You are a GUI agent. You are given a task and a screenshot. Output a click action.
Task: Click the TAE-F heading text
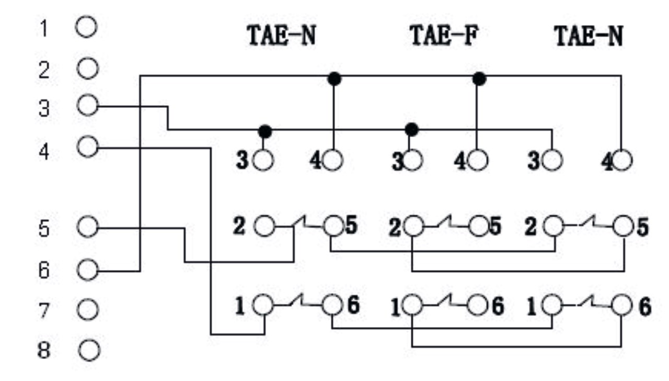click(444, 37)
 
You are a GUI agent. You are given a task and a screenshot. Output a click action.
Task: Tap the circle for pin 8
click(89, 350)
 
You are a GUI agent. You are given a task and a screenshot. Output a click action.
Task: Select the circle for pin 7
click(88, 310)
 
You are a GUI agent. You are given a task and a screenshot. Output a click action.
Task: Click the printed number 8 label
click(44, 350)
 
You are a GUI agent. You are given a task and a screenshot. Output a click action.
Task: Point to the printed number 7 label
click(44, 311)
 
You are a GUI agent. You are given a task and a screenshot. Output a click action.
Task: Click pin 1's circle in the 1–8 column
click(87, 27)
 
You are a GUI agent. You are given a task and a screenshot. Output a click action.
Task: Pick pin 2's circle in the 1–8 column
click(88, 68)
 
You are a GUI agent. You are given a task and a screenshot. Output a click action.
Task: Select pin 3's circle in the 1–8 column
click(87, 106)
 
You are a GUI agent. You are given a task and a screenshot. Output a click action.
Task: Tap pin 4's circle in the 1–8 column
click(87, 147)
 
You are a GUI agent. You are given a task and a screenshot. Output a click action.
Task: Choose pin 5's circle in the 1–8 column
click(88, 228)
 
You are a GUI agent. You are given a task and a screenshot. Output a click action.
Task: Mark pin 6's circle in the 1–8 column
click(88, 270)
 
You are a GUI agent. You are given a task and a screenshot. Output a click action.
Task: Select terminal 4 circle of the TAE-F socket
click(477, 160)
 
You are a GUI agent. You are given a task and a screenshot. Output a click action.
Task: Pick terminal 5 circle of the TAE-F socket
click(478, 227)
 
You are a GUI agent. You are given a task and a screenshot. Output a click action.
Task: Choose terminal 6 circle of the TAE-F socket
click(478, 306)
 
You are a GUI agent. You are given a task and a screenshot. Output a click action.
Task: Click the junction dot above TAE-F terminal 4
click(479, 79)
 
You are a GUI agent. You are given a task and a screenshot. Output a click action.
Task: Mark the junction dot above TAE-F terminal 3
click(412, 128)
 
